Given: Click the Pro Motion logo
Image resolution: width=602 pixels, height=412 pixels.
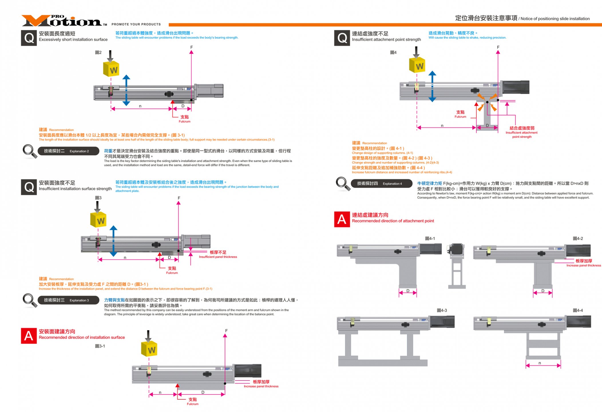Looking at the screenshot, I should tap(63, 21).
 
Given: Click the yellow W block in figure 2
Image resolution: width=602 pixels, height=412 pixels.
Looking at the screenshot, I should tap(111, 69).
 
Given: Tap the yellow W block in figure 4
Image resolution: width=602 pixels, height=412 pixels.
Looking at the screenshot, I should tap(417, 66).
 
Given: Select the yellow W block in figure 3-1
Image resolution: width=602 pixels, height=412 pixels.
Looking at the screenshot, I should tap(149, 349).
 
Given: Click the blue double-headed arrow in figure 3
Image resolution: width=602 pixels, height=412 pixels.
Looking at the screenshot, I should tap(114, 241).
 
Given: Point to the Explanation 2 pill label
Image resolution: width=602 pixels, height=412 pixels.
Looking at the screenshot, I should tap(68, 151).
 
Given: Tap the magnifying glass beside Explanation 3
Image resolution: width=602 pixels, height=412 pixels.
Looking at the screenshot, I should tap(30, 300).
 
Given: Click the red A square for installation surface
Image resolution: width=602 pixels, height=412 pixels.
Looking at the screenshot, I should tap(29, 336).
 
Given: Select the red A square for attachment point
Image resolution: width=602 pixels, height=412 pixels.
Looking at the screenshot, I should tap(342, 219).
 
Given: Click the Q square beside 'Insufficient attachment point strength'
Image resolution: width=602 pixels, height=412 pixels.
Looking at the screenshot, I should tap(342, 38).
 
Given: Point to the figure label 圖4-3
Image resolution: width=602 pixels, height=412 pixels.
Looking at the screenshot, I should tap(442, 310).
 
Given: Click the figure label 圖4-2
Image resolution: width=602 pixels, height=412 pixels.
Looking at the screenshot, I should tap(578, 239).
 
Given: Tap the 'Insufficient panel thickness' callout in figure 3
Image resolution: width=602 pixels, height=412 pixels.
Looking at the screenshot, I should tap(218, 254).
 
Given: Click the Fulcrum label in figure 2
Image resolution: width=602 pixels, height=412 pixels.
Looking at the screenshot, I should tap(185, 119).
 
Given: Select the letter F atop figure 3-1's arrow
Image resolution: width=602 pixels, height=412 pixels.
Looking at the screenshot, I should tap(226, 331).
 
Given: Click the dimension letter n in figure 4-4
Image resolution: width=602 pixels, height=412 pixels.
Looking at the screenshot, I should tap(540, 363).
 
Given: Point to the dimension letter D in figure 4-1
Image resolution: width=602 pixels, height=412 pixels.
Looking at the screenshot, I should tap(408, 291).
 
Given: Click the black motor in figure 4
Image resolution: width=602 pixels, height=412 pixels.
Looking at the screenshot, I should tap(516, 87).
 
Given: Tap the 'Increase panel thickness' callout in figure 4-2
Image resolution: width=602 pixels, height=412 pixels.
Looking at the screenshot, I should tap(584, 263).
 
